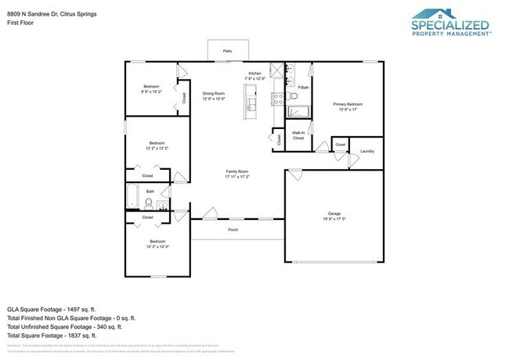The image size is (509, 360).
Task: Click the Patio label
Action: pos(228,51)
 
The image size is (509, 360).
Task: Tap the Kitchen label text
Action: pos(254,73)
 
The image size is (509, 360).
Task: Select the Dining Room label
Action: pos(214,93)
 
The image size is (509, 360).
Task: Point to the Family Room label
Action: pos(237,171)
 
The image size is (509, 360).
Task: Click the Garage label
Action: pos(334,213)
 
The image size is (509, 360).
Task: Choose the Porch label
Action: pos(233,230)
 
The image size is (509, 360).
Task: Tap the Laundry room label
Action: pos(366,150)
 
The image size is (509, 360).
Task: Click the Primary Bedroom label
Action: pos(348,104)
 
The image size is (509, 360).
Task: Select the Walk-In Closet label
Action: pos(298,135)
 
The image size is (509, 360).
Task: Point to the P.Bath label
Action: pos(302,87)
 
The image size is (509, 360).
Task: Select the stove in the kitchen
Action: pos(276,99)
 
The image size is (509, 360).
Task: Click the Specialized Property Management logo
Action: pos(450,23)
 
